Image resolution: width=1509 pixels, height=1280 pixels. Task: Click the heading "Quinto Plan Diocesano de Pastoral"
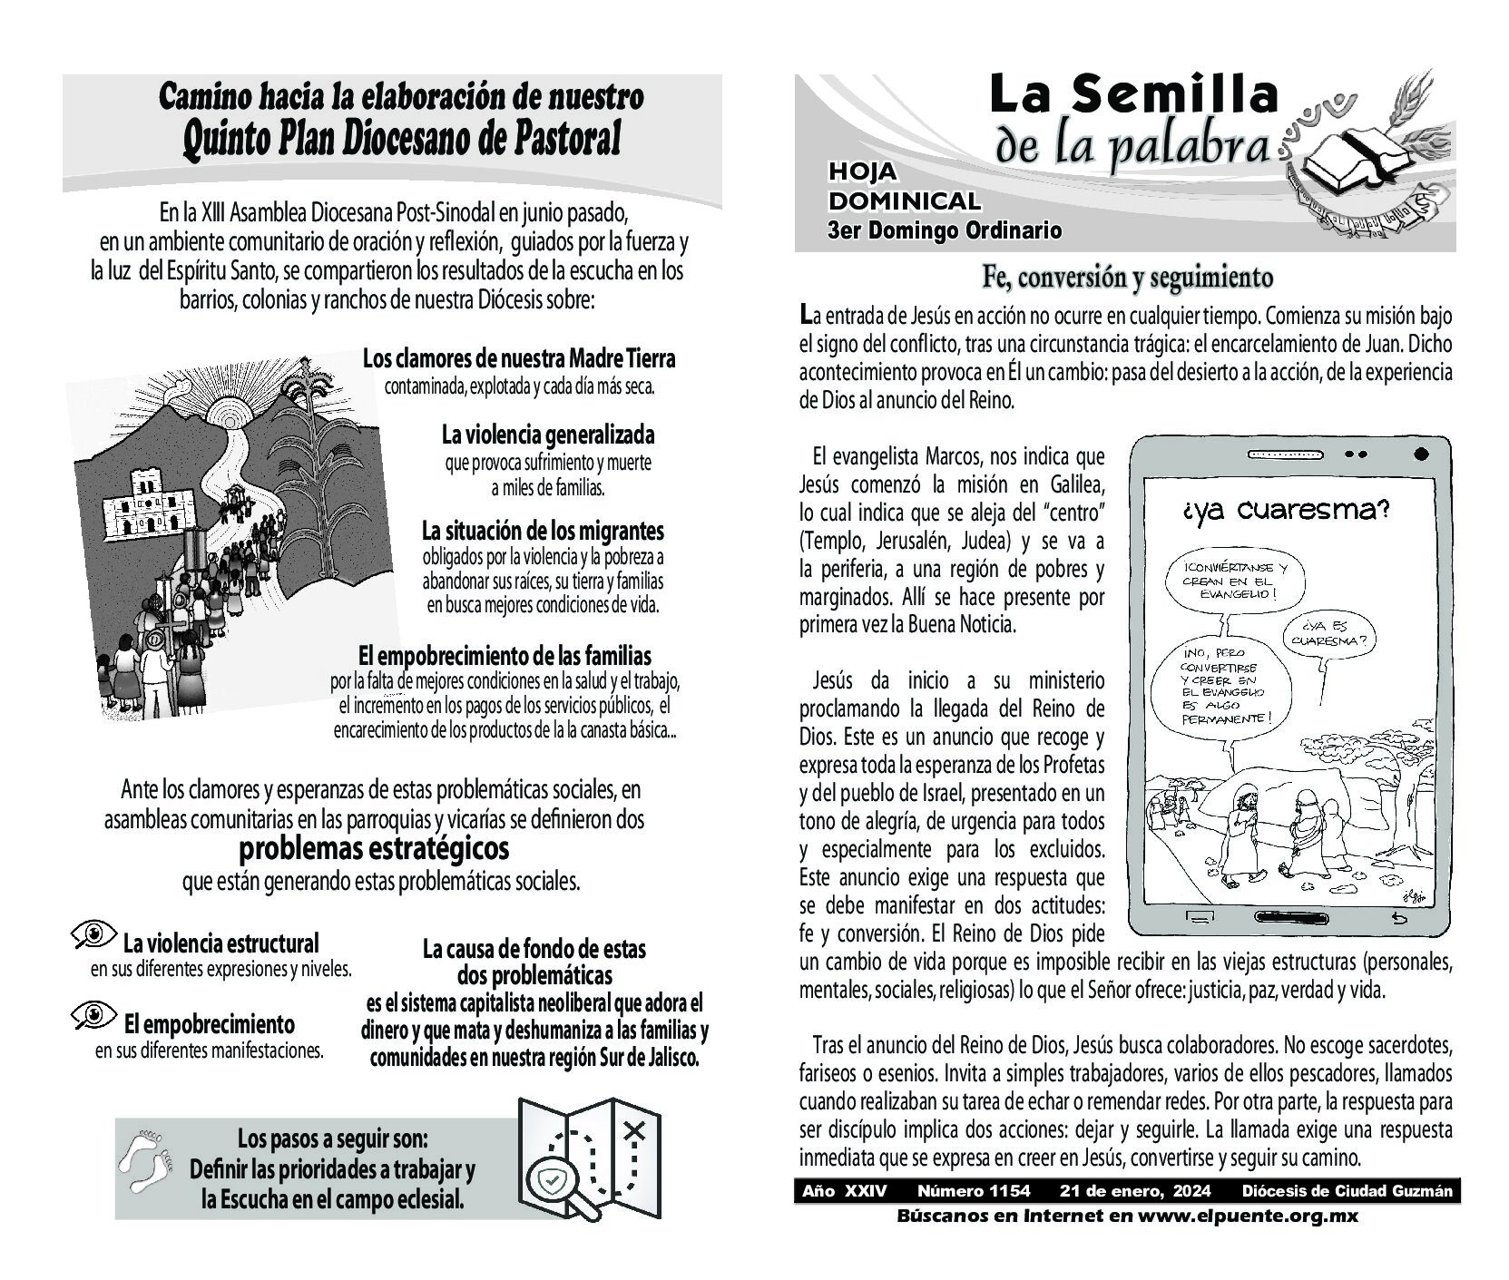click(x=401, y=140)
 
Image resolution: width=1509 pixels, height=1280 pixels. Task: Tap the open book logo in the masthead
click(x=1356, y=161)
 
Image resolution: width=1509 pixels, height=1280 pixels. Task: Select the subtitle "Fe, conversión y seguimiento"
click(x=1127, y=278)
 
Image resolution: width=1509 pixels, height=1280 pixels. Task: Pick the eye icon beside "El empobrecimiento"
click(x=93, y=1014)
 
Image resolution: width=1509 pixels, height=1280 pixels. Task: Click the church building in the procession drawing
click(x=142, y=503)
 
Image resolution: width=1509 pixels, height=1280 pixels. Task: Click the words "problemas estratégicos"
click(x=374, y=849)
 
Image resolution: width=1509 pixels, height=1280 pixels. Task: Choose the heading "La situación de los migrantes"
click(x=543, y=530)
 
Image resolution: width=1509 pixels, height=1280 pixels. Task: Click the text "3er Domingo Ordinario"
click(x=944, y=230)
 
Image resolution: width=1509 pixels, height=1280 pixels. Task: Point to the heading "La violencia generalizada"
click(x=548, y=435)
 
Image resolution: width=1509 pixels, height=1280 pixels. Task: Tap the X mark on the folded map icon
click(x=634, y=1130)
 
